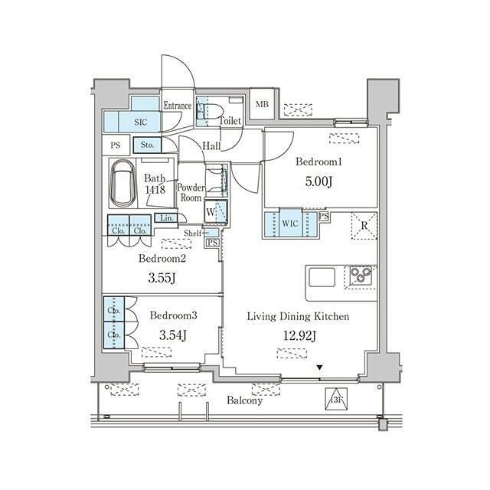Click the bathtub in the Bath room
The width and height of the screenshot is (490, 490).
[x=122, y=184]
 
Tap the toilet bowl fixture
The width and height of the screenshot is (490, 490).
[x=213, y=111]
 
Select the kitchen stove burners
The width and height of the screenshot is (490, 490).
[x=361, y=276]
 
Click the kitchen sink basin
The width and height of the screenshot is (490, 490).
[x=322, y=277]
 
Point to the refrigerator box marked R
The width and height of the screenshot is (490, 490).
[x=364, y=226]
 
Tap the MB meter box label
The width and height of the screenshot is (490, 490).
[x=262, y=104]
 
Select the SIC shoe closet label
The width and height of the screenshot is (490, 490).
[x=141, y=122]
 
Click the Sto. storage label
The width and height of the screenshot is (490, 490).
[x=147, y=145]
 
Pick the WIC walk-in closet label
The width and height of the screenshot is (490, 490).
[x=290, y=224]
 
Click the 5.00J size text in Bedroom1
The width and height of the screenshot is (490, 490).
[x=318, y=181]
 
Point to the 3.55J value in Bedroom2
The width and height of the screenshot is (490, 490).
[x=162, y=277]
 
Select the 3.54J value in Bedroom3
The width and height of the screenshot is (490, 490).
[x=173, y=335]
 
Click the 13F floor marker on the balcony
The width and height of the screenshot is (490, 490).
[x=336, y=399]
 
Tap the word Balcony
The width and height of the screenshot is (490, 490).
[x=245, y=400]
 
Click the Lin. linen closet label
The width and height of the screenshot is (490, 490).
[x=167, y=217]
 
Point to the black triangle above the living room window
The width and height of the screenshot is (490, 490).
[x=319, y=367]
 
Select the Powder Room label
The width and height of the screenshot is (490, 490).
[x=191, y=192]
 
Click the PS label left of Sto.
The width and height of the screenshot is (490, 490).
[x=116, y=145]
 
